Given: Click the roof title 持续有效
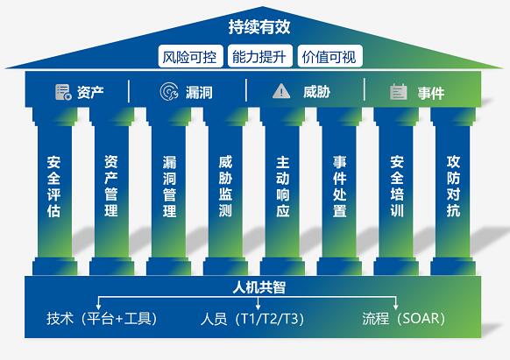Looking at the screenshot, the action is (259, 26).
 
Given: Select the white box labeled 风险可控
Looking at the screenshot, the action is (191, 56).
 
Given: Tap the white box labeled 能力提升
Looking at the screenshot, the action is (260, 56).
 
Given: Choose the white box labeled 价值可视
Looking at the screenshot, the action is (329, 56).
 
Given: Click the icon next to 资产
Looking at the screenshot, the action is (63, 92).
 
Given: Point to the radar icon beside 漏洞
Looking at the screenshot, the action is (169, 91).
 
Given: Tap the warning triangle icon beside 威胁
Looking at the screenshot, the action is (281, 91).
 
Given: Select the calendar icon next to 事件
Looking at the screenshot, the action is (399, 92).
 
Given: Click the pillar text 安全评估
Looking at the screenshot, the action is (54, 186).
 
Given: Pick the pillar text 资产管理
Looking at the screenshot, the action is (111, 186).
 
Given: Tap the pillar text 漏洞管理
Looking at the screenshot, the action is (169, 186).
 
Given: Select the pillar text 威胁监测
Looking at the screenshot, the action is (225, 186).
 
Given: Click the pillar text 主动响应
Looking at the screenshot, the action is (283, 186).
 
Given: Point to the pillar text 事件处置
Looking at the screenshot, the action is (340, 186).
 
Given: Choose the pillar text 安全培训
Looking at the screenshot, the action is (397, 186).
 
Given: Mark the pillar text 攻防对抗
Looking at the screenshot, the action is (453, 186).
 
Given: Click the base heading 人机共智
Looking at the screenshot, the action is (259, 287).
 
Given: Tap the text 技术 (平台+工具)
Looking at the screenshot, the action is (102, 318).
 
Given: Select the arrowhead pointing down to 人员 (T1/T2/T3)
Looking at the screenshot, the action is (258, 307).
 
